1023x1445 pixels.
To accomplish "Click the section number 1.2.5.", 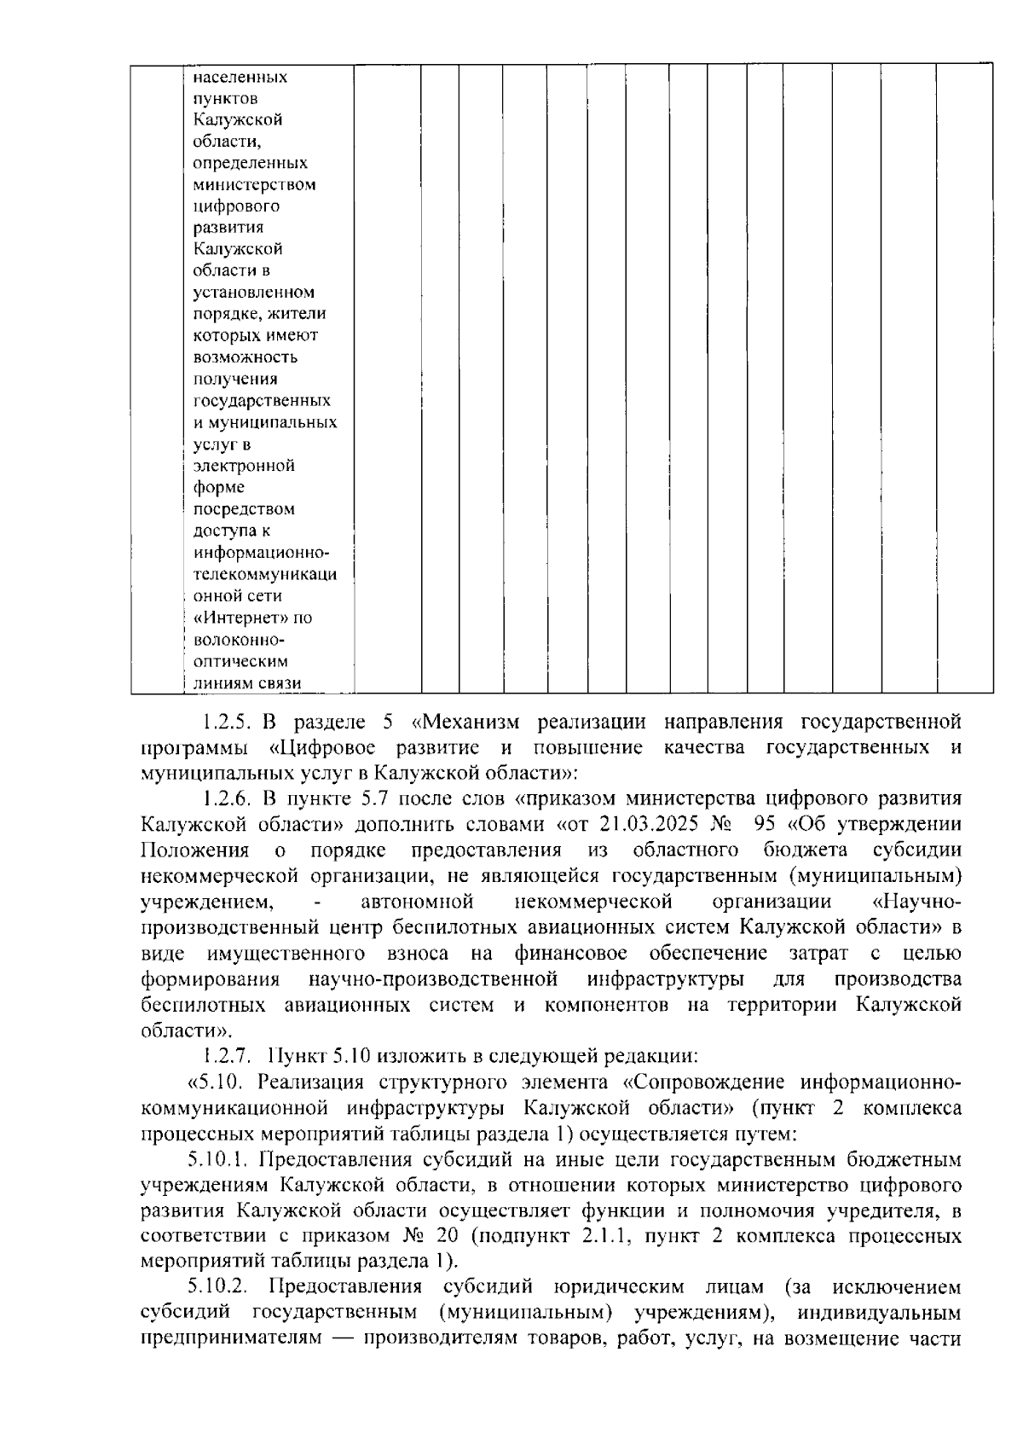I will [225, 722].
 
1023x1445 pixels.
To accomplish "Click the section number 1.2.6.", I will [225, 799].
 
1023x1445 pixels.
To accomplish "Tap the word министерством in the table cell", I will [254, 184].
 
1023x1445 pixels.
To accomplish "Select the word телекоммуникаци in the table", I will [264, 574].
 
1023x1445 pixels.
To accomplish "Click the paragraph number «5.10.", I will [217, 1082].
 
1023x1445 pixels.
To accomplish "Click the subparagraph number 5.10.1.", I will [218, 1159].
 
